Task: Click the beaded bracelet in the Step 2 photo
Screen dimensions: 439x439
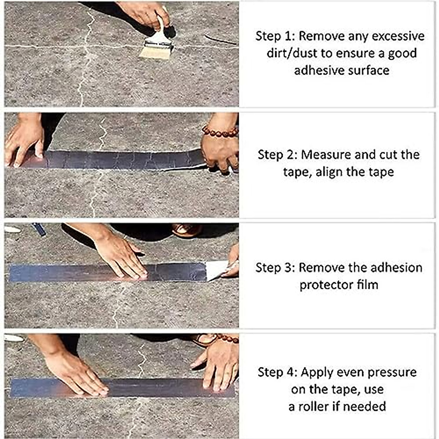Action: click(220, 131)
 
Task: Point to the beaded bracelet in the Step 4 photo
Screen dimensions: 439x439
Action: click(227, 338)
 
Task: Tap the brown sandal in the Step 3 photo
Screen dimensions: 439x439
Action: click(187, 230)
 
